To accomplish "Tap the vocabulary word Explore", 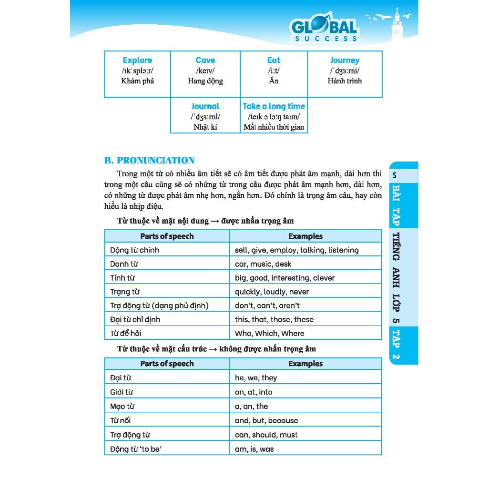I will (x=137, y=61).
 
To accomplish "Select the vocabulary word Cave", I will (x=205, y=61).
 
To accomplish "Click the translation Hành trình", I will (x=345, y=81).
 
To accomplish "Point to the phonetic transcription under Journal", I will (x=205, y=117).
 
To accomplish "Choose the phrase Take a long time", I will (x=274, y=106).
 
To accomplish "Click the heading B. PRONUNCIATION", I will (x=149, y=161).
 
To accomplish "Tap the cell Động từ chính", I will (x=134, y=250).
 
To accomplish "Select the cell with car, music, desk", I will (x=263, y=264).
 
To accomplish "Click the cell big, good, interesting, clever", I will (x=285, y=278).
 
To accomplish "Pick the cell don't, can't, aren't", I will (x=267, y=305).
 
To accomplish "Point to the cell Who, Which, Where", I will (x=269, y=334).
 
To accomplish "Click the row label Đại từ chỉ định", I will (x=135, y=319).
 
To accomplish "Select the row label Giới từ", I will (x=122, y=392).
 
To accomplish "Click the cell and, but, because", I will (x=266, y=421).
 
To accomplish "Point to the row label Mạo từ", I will (x=122, y=407).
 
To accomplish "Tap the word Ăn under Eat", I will (x=274, y=81).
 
